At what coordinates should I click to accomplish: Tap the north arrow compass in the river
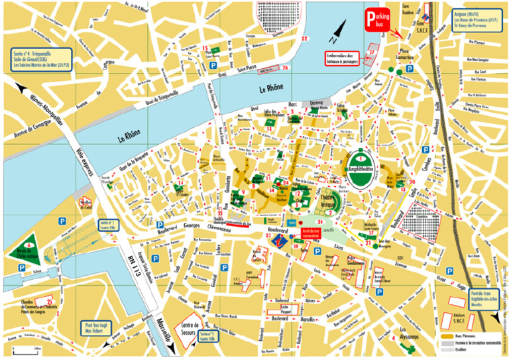pyautogui.click(x=338, y=28)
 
